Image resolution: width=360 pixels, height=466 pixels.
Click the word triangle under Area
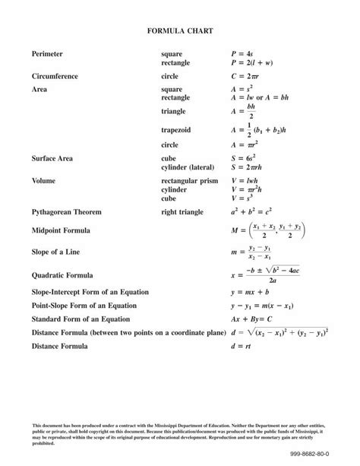[x=174, y=112]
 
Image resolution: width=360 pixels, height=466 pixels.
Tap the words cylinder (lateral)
[x=188, y=166]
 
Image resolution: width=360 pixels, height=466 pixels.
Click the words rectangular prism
[x=190, y=181]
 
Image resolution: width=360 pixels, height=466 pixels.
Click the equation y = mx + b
[x=251, y=291]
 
